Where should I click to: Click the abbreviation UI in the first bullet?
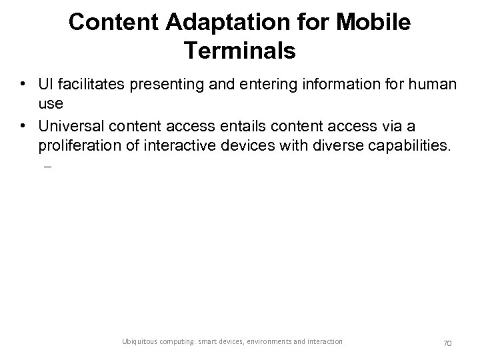tap(47, 85)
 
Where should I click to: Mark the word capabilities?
tap(409, 146)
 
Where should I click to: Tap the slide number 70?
tap(448, 343)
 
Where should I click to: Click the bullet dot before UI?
tap(23, 86)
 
